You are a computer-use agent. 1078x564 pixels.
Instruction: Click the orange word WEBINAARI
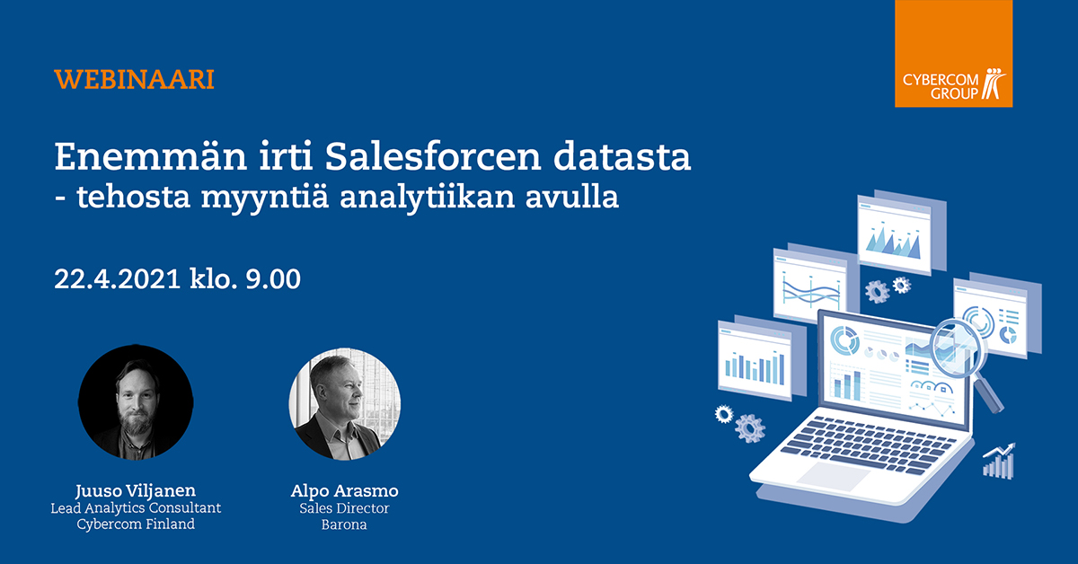click(x=134, y=79)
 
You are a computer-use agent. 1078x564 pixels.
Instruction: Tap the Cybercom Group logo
click(x=953, y=54)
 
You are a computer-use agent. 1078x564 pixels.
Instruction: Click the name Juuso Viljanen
click(x=136, y=490)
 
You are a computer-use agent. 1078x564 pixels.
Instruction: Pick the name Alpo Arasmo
click(x=345, y=490)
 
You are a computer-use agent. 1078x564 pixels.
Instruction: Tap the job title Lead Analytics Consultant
click(x=136, y=508)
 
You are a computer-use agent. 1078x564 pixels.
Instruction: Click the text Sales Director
click(x=345, y=508)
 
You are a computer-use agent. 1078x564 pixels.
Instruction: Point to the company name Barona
click(x=345, y=524)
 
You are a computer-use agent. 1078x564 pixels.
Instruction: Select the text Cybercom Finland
click(x=136, y=524)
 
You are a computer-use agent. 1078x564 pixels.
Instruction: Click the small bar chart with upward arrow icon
click(x=998, y=460)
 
